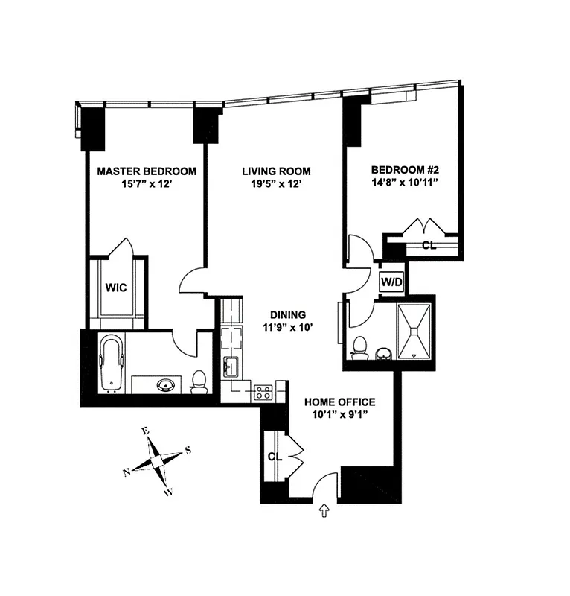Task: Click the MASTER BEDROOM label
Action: pyautogui.click(x=147, y=171)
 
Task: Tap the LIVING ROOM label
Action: pyautogui.click(x=276, y=171)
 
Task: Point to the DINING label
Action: pyautogui.click(x=289, y=314)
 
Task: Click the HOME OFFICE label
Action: pyautogui.click(x=340, y=402)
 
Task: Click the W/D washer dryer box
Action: pyautogui.click(x=391, y=282)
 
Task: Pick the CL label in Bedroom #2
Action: pyautogui.click(x=429, y=245)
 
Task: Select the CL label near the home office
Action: pyautogui.click(x=275, y=457)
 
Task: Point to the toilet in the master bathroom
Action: pyautogui.click(x=199, y=381)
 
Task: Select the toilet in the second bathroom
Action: pyautogui.click(x=360, y=347)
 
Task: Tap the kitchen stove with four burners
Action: pyautogui.click(x=263, y=391)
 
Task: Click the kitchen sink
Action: pyautogui.click(x=230, y=367)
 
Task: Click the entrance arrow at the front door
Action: pyautogui.click(x=324, y=511)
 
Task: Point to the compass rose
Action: pyautogui.click(x=158, y=461)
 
